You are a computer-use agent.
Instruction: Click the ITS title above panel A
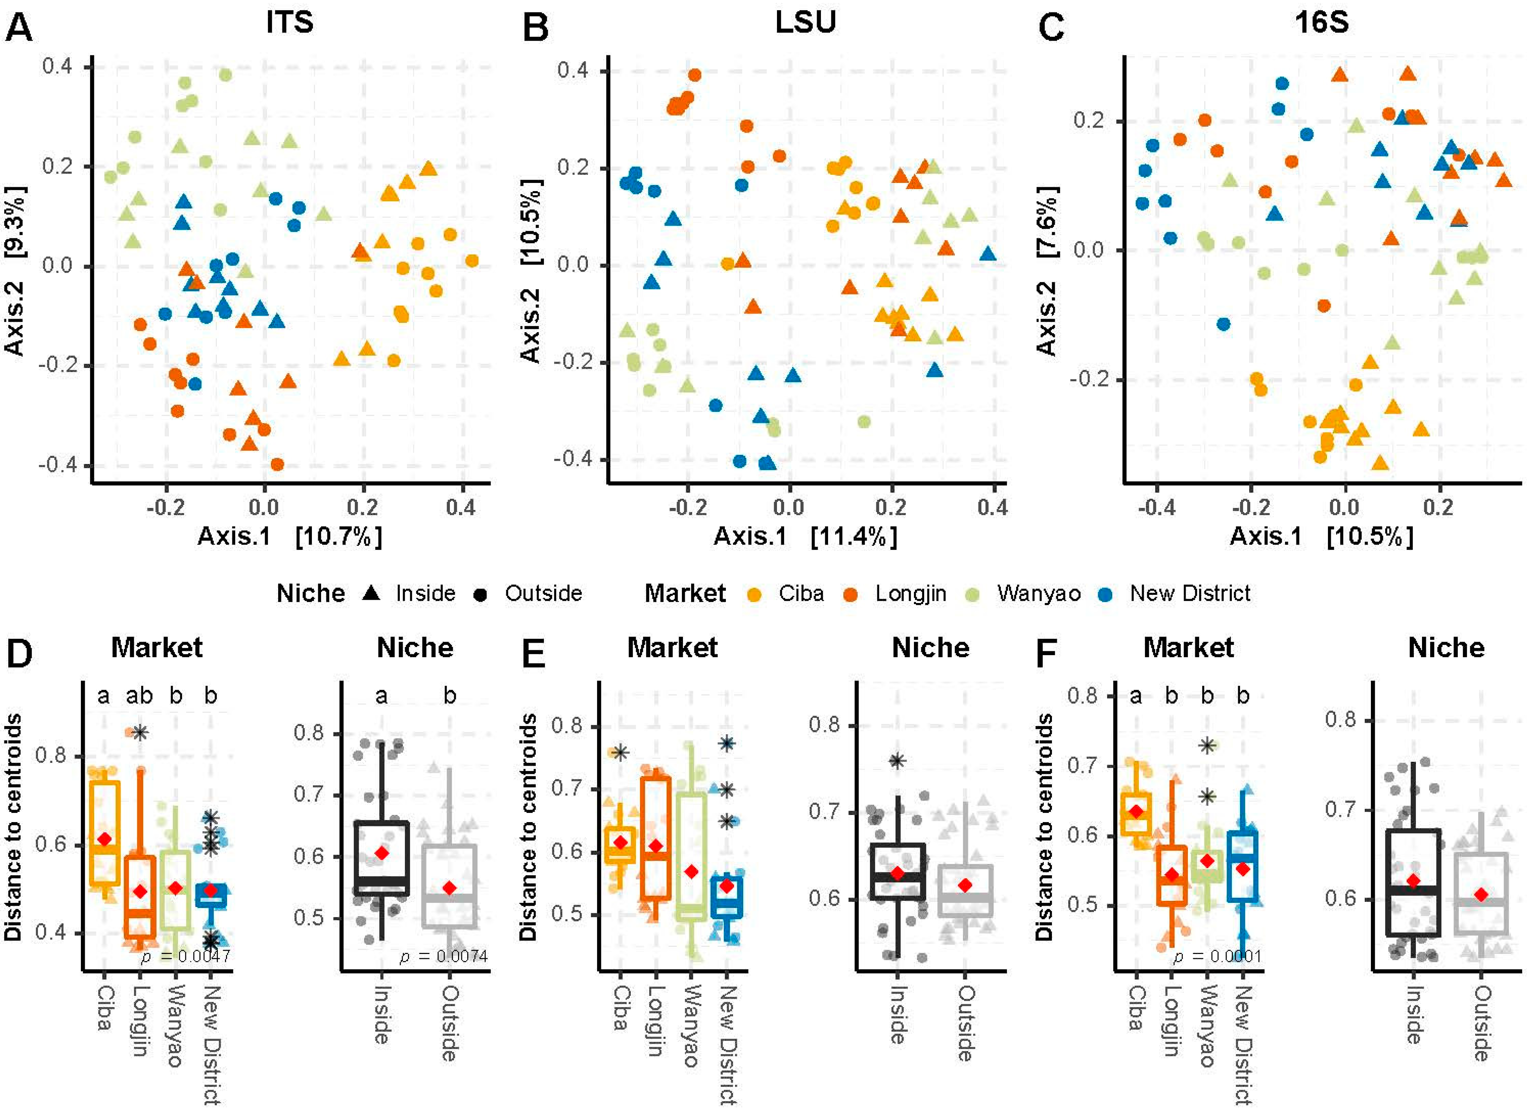pos(290,22)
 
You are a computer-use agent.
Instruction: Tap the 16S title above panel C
pos(1322,22)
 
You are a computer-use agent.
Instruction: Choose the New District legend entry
pos(1190,593)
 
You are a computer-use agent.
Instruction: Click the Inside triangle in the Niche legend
pos(371,593)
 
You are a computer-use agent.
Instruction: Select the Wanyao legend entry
pos(1038,593)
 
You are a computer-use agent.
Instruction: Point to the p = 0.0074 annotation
pos(444,956)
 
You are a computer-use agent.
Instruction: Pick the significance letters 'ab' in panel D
pos(139,695)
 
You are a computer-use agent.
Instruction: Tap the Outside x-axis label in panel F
pos(1481,1023)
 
